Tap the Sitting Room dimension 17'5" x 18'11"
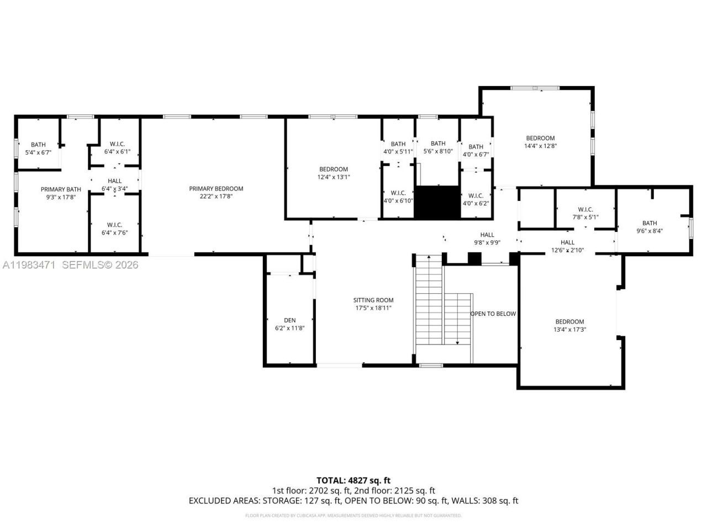point(373,308)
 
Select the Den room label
point(289,320)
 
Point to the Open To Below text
point(493,314)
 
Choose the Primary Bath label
point(61,189)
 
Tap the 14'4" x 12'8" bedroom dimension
point(540,146)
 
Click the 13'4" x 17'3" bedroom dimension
point(569,330)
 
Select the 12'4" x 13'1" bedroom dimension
point(334,177)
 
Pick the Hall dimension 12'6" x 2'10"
point(567,250)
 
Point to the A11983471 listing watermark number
point(29,265)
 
